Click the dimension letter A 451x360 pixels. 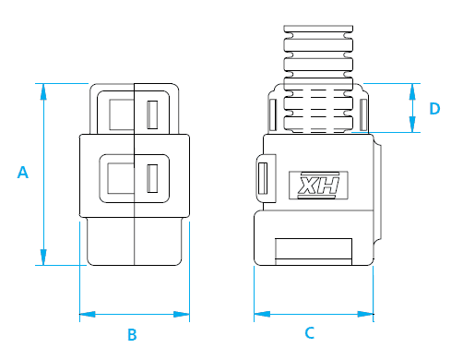(x=23, y=173)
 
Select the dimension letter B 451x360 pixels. (x=132, y=334)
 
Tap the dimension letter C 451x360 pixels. (x=310, y=333)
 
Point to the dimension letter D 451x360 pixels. (x=434, y=109)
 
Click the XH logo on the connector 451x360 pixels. (x=318, y=185)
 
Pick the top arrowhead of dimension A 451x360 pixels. (x=43, y=91)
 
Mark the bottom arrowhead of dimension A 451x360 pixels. (x=43, y=257)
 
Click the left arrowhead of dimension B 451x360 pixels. (x=88, y=314)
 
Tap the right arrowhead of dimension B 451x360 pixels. (x=182, y=314)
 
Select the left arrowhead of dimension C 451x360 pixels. (x=262, y=314)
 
